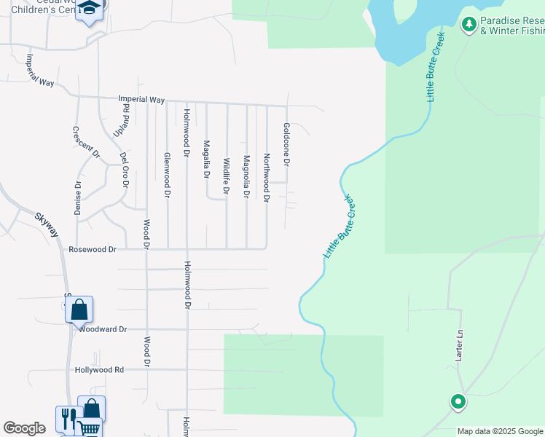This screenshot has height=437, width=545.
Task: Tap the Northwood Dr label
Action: (267, 178)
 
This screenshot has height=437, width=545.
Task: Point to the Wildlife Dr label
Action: (227, 177)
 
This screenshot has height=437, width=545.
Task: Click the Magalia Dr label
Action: (207, 160)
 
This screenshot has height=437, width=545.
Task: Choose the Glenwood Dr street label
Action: (168, 176)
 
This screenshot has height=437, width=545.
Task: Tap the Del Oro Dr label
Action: (125, 169)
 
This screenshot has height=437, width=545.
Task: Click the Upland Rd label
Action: (125, 118)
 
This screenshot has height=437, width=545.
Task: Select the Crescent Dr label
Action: (86, 141)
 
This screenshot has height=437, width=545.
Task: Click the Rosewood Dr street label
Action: (93, 249)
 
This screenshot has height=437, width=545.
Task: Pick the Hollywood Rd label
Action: (99, 370)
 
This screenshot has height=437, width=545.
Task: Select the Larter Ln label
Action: (460, 348)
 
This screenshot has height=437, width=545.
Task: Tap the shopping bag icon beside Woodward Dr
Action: (79, 310)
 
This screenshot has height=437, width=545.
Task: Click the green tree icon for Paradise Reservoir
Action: (469, 25)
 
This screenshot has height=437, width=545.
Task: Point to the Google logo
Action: (24, 428)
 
